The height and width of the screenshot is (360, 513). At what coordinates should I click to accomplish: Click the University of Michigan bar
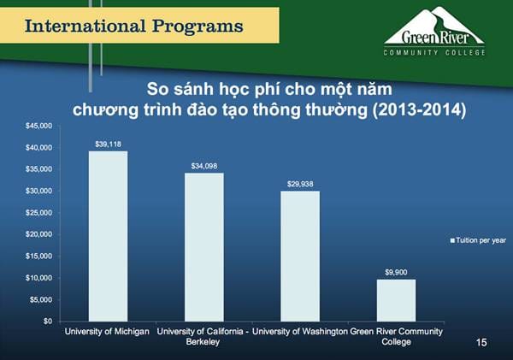[x=108, y=236]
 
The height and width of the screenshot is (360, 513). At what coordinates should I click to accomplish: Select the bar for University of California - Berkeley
[x=203, y=246]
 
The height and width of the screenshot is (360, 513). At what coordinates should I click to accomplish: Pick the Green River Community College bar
[x=396, y=299]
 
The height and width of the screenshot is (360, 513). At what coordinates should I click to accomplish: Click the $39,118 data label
[x=108, y=143]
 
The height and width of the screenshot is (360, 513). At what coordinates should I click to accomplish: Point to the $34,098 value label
[x=203, y=164]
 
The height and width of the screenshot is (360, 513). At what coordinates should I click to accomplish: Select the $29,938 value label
[x=300, y=183]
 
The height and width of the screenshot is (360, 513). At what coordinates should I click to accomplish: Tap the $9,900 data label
[x=396, y=271]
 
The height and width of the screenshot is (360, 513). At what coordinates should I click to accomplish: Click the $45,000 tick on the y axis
[x=38, y=126]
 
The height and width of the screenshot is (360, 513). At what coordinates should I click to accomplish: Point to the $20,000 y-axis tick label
[x=38, y=234]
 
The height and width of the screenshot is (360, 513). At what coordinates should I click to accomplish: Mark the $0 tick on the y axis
[x=47, y=322]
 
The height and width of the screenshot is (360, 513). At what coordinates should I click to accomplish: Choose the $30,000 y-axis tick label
[x=38, y=191]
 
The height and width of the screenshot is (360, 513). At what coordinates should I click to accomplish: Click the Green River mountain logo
[x=433, y=26]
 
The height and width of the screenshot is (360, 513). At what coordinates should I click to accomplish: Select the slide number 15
[x=481, y=342]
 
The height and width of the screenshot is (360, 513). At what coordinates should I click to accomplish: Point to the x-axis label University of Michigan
[x=108, y=331]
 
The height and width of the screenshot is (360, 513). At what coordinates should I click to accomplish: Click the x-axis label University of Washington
[x=300, y=331]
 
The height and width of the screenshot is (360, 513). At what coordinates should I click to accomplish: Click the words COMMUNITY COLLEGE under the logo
[x=433, y=52]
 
